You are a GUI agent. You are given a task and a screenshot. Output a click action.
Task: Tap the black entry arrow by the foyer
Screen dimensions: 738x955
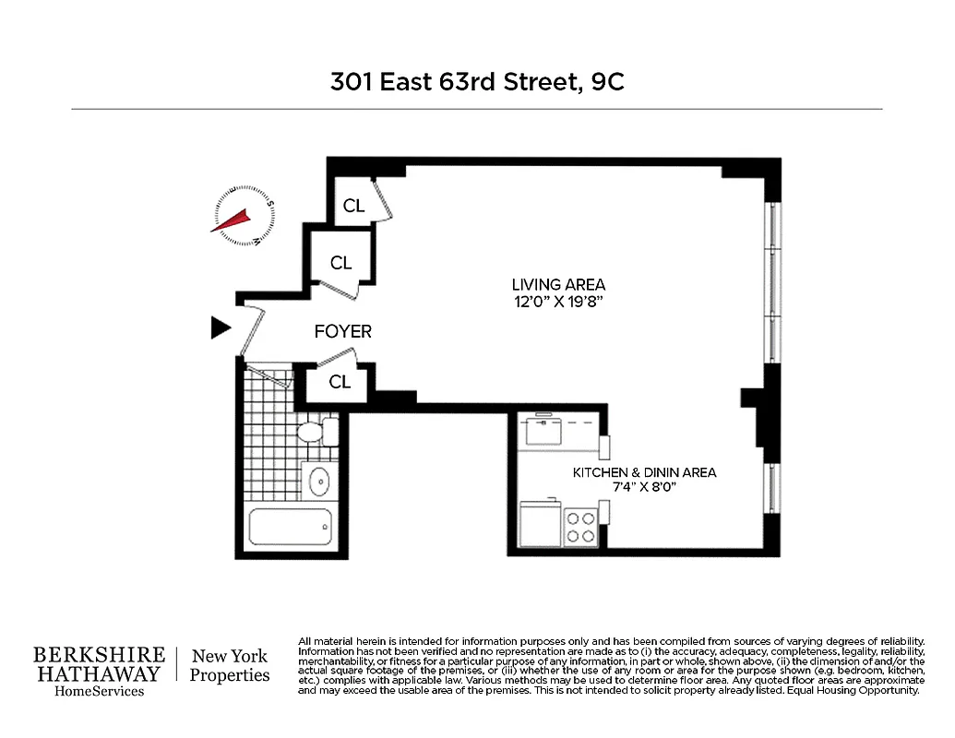pos(220,327)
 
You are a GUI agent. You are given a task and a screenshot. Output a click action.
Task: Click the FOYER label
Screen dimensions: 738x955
pos(343,331)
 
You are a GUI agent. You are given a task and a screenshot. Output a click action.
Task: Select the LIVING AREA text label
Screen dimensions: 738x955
pos(559,285)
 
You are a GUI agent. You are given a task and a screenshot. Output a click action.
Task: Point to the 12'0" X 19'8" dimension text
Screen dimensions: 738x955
pos(559,302)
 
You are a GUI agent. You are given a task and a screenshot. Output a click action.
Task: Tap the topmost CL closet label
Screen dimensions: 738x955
pos(354,206)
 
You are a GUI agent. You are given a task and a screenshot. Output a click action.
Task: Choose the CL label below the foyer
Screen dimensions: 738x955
pos(340,381)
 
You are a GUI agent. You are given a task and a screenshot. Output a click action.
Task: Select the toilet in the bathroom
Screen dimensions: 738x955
pos(314,432)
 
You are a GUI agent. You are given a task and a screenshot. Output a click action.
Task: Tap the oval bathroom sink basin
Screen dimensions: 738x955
pos(319,481)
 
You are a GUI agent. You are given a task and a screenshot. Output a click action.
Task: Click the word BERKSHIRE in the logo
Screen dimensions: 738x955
pos(99,655)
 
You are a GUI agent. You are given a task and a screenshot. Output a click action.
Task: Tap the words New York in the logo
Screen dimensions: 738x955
pos(230,656)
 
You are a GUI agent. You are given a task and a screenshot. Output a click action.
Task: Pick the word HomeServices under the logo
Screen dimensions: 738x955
pos(99,692)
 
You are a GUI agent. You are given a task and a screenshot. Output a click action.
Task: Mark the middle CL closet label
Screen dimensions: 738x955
pos(341,263)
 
